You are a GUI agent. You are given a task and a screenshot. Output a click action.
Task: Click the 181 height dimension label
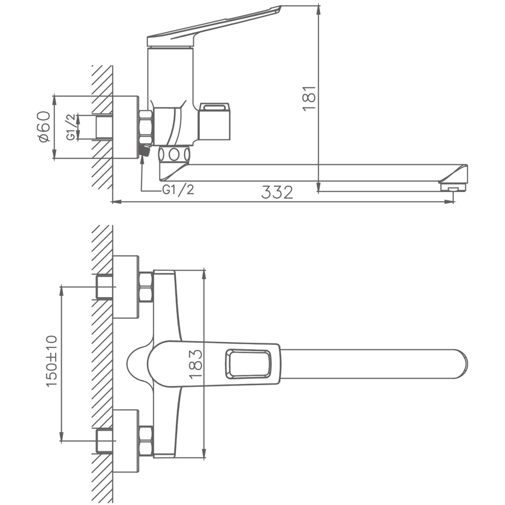click(310, 99)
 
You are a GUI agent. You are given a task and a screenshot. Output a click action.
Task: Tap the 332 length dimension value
click(277, 192)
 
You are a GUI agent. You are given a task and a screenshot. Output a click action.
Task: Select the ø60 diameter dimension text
click(44, 127)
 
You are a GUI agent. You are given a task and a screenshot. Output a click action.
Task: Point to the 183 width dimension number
click(196, 365)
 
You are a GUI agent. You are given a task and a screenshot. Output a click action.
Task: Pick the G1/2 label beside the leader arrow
click(178, 189)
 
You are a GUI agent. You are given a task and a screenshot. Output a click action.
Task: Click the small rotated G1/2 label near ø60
click(71, 127)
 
